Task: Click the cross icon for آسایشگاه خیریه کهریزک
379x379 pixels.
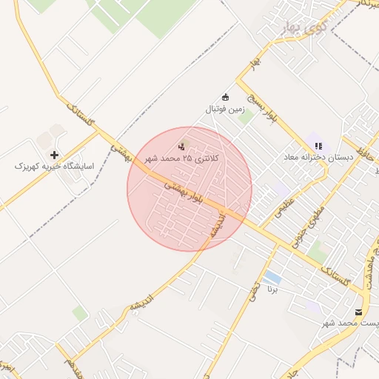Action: (x=54, y=155)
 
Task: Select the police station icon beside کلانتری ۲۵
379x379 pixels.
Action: (x=182, y=147)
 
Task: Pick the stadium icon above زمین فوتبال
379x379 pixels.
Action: (x=226, y=98)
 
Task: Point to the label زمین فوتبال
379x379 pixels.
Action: (x=225, y=110)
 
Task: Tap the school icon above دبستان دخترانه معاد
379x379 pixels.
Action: (x=318, y=146)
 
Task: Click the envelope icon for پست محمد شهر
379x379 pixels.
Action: (x=359, y=312)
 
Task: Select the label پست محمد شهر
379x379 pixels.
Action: (x=351, y=324)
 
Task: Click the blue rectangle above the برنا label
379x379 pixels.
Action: (x=272, y=278)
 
